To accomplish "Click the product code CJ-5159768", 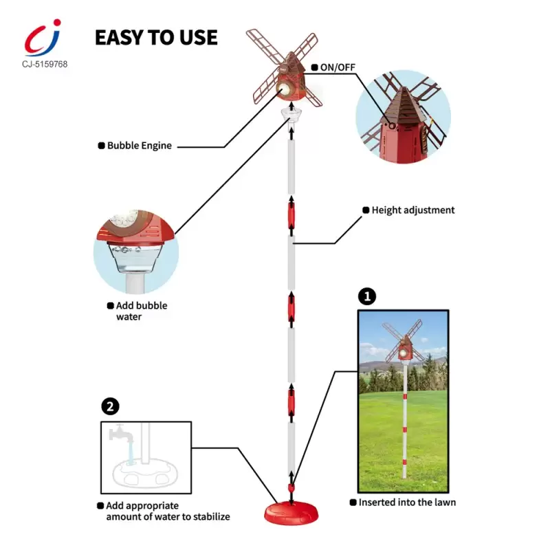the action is pyautogui.click(x=45, y=64).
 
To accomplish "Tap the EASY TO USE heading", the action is pyautogui.click(x=156, y=38).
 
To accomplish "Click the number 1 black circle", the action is pyautogui.click(x=367, y=297).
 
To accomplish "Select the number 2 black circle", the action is pyautogui.click(x=110, y=406).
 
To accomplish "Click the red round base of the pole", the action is pyautogui.click(x=291, y=514).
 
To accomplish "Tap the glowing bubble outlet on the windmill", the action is pyautogui.click(x=283, y=89).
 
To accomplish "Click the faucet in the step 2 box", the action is pyautogui.click(x=121, y=434).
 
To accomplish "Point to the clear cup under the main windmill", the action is pyautogui.click(x=291, y=115).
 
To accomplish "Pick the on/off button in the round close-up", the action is pyautogui.click(x=392, y=126).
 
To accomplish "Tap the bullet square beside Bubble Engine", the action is pyautogui.click(x=101, y=146).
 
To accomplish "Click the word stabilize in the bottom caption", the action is pyautogui.click(x=212, y=517).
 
